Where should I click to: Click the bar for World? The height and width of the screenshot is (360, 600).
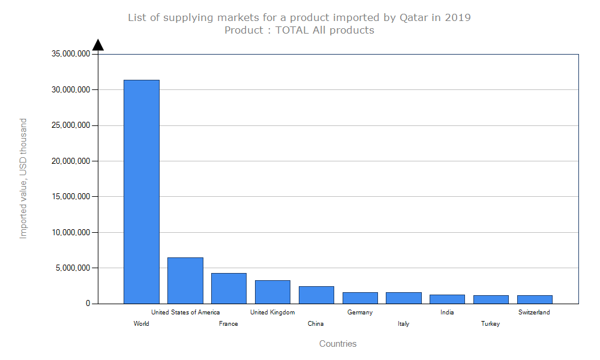pyautogui.click(x=142, y=191)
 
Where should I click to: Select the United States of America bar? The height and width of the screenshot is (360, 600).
pyautogui.click(x=185, y=280)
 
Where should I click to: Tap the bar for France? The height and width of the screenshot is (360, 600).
pyautogui.click(x=229, y=288)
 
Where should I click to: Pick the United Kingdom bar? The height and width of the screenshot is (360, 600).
pyautogui.click(x=272, y=292)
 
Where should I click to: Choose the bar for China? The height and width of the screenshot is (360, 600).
pyautogui.click(x=316, y=295)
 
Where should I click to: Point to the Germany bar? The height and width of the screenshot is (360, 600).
pyautogui.click(x=360, y=298)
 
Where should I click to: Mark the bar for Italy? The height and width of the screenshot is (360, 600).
pyautogui.click(x=404, y=298)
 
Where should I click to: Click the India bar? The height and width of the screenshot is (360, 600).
pyautogui.click(x=447, y=299)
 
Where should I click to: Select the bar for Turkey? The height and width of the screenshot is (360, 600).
pyautogui.click(x=491, y=299)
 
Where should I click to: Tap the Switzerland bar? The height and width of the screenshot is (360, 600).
pyautogui.click(x=535, y=299)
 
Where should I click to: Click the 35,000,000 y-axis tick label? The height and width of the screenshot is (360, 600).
pyautogui.click(x=71, y=54)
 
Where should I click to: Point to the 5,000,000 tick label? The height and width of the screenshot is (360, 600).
pyautogui.click(x=73, y=268)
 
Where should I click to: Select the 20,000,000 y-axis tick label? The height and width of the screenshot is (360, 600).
pyautogui.click(x=71, y=161)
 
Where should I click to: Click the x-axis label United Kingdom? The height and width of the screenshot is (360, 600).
pyautogui.click(x=272, y=312)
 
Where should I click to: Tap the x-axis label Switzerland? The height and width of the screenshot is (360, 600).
pyautogui.click(x=534, y=312)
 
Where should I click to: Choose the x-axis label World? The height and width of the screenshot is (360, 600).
pyautogui.click(x=142, y=324)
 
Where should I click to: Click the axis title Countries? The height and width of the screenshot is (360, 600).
pyautogui.click(x=338, y=344)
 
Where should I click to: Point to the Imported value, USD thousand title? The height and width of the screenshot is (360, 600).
pyautogui.click(x=23, y=179)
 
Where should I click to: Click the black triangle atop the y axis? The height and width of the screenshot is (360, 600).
pyautogui.click(x=98, y=45)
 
